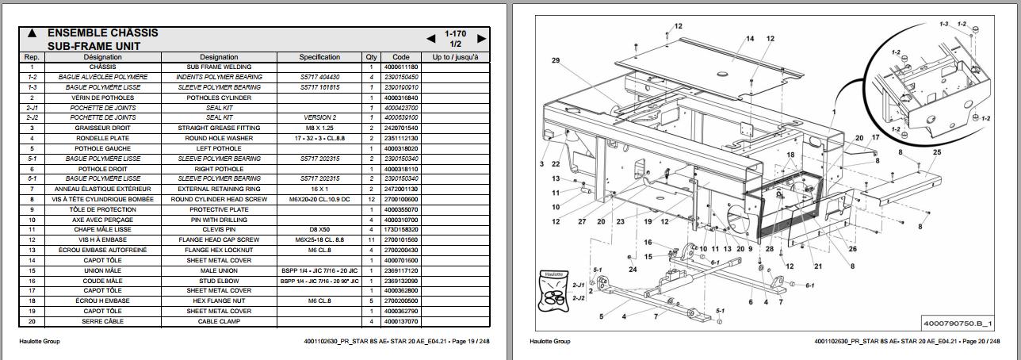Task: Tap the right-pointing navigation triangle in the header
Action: tap(481, 38)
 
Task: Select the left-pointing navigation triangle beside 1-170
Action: tap(431, 38)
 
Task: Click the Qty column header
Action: tap(371, 57)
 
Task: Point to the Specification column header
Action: tap(319, 57)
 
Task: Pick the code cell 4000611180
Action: tap(400, 67)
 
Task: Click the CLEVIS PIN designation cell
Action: tap(219, 229)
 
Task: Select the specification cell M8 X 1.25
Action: tap(319, 128)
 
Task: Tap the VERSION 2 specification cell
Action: tap(319, 117)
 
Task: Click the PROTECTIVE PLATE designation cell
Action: tap(219, 209)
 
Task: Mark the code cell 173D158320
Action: tap(400, 229)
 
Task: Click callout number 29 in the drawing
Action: tap(556, 61)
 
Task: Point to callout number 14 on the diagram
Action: tap(749, 39)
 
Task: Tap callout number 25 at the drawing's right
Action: tap(937, 151)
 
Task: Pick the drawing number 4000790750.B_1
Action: tap(958, 324)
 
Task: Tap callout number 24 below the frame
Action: tap(633, 269)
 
